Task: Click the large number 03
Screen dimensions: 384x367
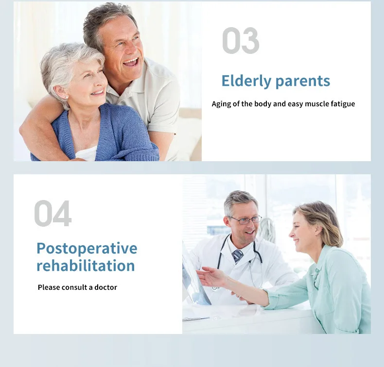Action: (x=241, y=41)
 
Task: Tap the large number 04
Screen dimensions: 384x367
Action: (x=52, y=213)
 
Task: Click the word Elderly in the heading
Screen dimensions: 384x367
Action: (x=246, y=81)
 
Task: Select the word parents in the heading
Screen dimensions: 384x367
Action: (x=303, y=82)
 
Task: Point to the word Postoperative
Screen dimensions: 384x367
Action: (x=87, y=249)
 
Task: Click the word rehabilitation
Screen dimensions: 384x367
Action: (x=86, y=266)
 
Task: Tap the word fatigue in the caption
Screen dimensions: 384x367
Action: (x=343, y=104)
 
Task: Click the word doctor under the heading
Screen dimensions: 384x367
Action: (x=105, y=287)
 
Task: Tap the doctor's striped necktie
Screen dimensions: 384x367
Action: (x=237, y=256)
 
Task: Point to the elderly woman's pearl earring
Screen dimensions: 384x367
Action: (x=67, y=98)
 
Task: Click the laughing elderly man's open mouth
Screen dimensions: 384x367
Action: (x=131, y=62)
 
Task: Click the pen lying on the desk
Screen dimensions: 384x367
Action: (x=196, y=319)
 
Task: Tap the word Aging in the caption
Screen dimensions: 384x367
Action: (x=221, y=104)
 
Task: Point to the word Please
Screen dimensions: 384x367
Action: (x=49, y=287)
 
